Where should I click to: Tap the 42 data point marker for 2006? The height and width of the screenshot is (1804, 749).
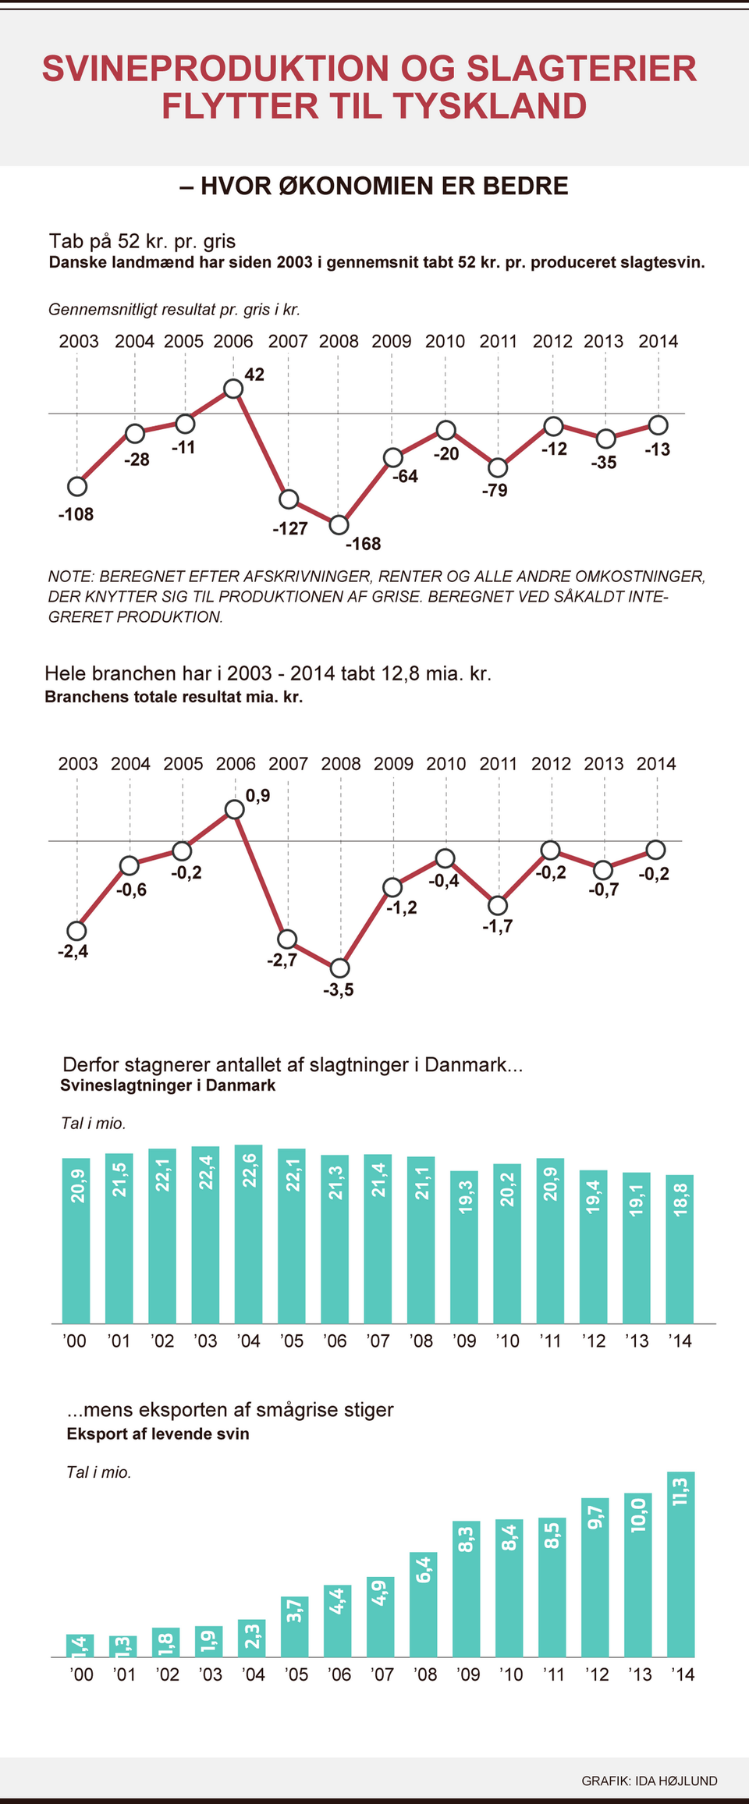pyautogui.click(x=233, y=388)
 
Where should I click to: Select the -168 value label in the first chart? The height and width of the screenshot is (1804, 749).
pyautogui.click(x=364, y=544)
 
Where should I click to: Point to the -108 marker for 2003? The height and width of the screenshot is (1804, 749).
pyautogui.click(x=77, y=486)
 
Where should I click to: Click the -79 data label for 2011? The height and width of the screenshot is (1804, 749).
pyautogui.click(x=495, y=490)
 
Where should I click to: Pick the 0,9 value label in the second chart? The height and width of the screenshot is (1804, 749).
pyautogui.click(x=258, y=795)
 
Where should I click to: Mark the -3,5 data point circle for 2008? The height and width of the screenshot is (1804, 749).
pyautogui.click(x=339, y=968)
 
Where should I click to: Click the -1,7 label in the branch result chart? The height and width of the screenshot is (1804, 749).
pyautogui.click(x=497, y=926)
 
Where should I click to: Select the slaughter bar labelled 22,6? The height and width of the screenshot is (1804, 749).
pyautogui.click(x=249, y=1234)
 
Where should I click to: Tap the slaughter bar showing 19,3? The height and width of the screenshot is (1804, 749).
pyautogui.click(x=464, y=1247)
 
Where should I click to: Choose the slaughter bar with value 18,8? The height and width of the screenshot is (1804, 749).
pyautogui.click(x=680, y=1248)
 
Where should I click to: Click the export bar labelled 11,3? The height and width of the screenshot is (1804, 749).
pyautogui.click(x=680, y=1564)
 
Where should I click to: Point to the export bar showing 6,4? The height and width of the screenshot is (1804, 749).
pyautogui.click(x=423, y=1604)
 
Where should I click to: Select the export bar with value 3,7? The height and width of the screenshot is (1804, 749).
pyautogui.click(x=294, y=1627)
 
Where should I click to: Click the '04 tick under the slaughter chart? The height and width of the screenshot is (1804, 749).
pyautogui.click(x=248, y=1341)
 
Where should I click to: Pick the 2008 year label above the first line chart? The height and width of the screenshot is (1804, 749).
pyautogui.click(x=339, y=341)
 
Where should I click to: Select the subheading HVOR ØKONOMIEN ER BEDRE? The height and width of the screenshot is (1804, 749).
pyautogui.click(x=374, y=186)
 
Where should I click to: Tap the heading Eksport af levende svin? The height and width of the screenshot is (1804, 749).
pyautogui.click(x=158, y=1433)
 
